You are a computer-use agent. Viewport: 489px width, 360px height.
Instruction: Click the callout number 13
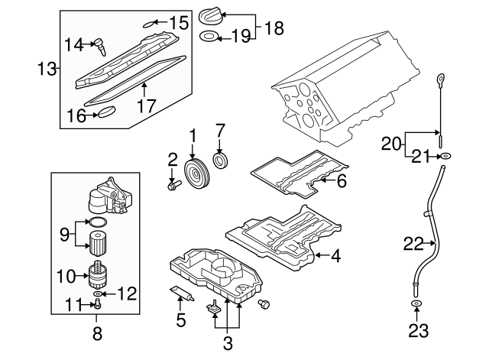pyautogui.click(x=46, y=70)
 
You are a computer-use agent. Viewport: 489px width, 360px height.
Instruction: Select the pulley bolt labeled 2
pyautogui.click(x=173, y=183)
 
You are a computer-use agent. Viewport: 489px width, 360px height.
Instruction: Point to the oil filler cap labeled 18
pyautogui.click(x=209, y=15)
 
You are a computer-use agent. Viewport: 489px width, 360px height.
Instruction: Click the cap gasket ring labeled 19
pyautogui.click(x=207, y=36)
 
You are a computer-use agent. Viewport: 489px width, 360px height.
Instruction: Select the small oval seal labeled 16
pyautogui.click(x=105, y=115)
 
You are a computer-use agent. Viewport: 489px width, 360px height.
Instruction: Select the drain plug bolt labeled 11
pyautogui.click(x=96, y=303)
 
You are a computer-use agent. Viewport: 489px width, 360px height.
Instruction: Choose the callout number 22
pyautogui.click(x=413, y=244)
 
